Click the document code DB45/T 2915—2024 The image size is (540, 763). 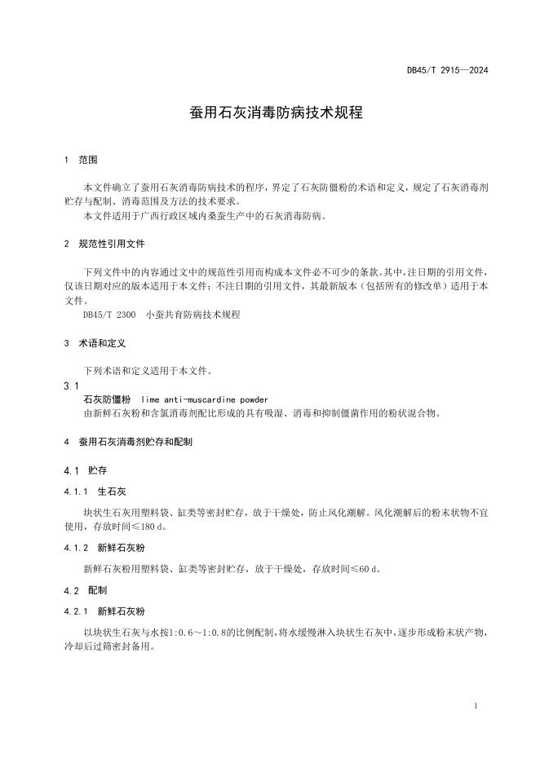pos(447,70)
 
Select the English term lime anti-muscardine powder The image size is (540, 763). pos(204,399)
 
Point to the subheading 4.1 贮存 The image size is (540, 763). pos(86,471)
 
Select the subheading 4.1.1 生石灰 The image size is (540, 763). pos(95,492)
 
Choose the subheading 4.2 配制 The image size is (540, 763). pos(86,589)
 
